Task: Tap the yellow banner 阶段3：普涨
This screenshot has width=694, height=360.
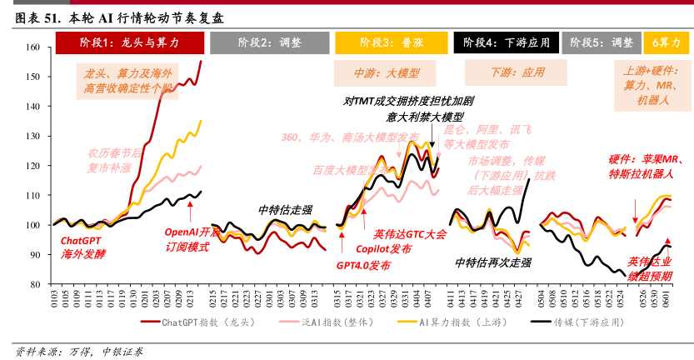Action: pyautogui.click(x=391, y=42)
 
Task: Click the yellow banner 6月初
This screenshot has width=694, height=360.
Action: pyautogui.click(x=666, y=42)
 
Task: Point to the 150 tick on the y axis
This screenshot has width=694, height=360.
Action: pyautogui.click(x=33, y=77)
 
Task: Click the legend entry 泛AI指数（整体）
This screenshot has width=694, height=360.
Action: pyautogui.click(x=337, y=322)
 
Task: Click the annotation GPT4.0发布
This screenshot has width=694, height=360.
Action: pyautogui.click(x=363, y=265)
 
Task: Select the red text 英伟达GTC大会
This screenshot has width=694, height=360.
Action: pyautogui.click(x=410, y=234)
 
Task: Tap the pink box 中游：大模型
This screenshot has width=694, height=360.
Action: pyautogui.click(x=387, y=72)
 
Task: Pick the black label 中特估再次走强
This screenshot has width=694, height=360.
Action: pyautogui.click(x=493, y=262)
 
